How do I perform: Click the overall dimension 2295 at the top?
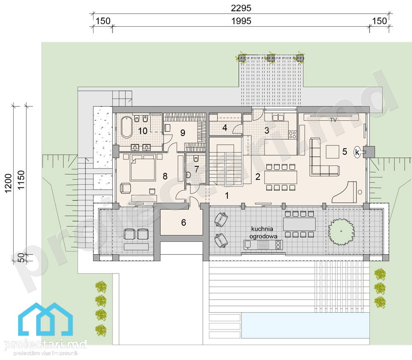pyautogui.click(x=241, y=8)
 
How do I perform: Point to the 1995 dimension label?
pyautogui.click(x=241, y=21)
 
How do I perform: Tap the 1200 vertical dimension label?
pyautogui.click(x=8, y=183)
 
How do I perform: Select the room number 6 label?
pyautogui.click(x=184, y=222)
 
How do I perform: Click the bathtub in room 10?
pyautogui.click(x=126, y=127)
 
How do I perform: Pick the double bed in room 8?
pyautogui.click(x=142, y=167)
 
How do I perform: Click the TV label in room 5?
pyautogui.click(x=333, y=120)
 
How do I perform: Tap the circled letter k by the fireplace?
pyautogui.click(x=357, y=152)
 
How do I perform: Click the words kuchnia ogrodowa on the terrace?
pyautogui.click(x=263, y=233)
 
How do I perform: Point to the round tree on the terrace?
pyautogui.click(x=341, y=231)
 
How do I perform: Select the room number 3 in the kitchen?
pyautogui.click(x=267, y=131)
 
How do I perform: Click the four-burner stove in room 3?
pyautogui.click(x=293, y=135)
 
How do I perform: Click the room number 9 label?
pyautogui.click(x=183, y=133)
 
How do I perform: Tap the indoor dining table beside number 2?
pyautogui.click(x=281, y=177)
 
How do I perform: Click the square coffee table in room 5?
pyautogui.click(x=332, y=152)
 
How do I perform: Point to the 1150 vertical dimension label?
pyautogui.click(x=21, y=180)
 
